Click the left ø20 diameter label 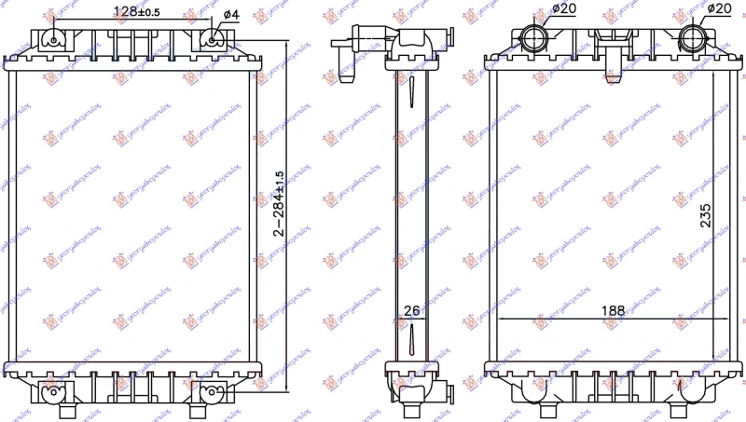tap(564, 8)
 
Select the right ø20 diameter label tap(716, 8)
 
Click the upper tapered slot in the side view tap(410, 93)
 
